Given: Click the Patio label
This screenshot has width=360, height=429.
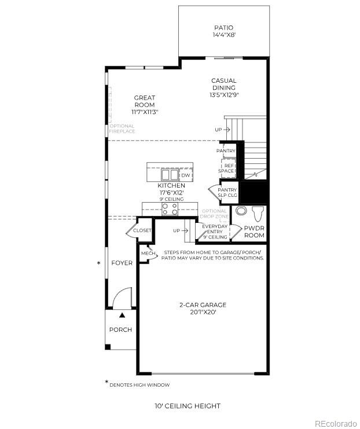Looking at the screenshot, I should pyautogui.click(x=223, y=31).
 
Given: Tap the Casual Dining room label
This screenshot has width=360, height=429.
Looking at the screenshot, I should pyautogui.click(x=223, y=87).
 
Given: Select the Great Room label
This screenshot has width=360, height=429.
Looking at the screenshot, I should pyautogui.click(x=145, y=105).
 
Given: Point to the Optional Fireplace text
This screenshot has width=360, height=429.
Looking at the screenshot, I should pyautogui.click(x=122, y=129).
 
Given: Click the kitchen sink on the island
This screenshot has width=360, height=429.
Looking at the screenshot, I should pyautogui.click(x=170, y=175).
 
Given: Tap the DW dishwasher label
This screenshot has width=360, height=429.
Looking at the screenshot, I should pyautogui.click(x=186, y=175).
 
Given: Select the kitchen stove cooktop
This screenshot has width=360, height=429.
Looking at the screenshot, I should pyautogui.click(x=170, y=209).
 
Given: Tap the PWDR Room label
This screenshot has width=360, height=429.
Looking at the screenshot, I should pyautogui.click(x=254, y=232).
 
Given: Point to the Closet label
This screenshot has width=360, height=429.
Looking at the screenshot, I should pyautogui.click(x=142, y=230).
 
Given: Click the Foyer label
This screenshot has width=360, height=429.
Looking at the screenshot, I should pyautogui.click(x=122, y=263).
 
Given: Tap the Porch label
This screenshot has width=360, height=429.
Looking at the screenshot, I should pyautogui.click(x=120, y=329).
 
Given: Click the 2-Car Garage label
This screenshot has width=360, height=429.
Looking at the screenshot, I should pyautogui.click(x=202, y=309).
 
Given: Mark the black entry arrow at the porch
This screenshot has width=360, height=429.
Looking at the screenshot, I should pyautogui.click(x=122, y=316).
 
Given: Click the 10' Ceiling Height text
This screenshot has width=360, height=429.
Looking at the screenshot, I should pyautogui.click(x=187, y=406).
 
